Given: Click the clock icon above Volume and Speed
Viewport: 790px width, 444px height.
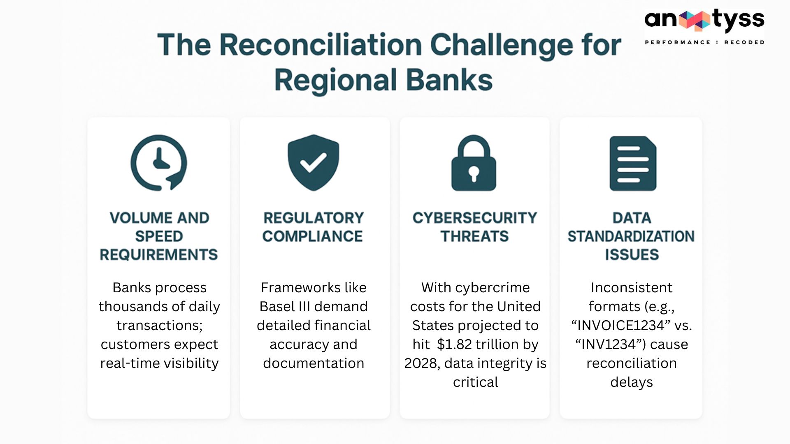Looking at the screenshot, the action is pyautogui.click(x=158, y=163).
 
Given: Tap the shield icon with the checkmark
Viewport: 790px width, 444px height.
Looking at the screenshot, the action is pyautogui.click(x=314, y=163).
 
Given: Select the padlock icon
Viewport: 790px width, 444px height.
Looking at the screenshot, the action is pyautogui.click(x=474, y=163).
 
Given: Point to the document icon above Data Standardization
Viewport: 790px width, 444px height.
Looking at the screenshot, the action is pyautogui.click(x=633, y=163).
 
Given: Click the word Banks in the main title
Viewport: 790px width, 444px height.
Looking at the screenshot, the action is pyautogui.click(x=449, y=80).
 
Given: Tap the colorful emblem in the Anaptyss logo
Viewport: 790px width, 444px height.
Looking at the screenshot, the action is pyautogui.click(x=695, y=21).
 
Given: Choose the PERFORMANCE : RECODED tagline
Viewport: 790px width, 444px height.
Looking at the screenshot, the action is pyautogui.click(x=704, y=42).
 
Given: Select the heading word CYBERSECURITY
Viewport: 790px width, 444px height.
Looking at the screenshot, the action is pyautogui.click(x=475, y=218).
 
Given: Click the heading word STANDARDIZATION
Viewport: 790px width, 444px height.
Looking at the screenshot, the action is pyautogui.click(x=631, y=236).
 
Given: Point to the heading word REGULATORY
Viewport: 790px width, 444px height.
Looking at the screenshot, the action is pyautogui.click(x=314, y=218).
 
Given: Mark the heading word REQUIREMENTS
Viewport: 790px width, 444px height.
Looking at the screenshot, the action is pyautogui.click(x=159, y=255).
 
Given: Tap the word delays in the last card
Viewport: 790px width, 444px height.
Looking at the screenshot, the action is pyautogui.click(x=632, y=382).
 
